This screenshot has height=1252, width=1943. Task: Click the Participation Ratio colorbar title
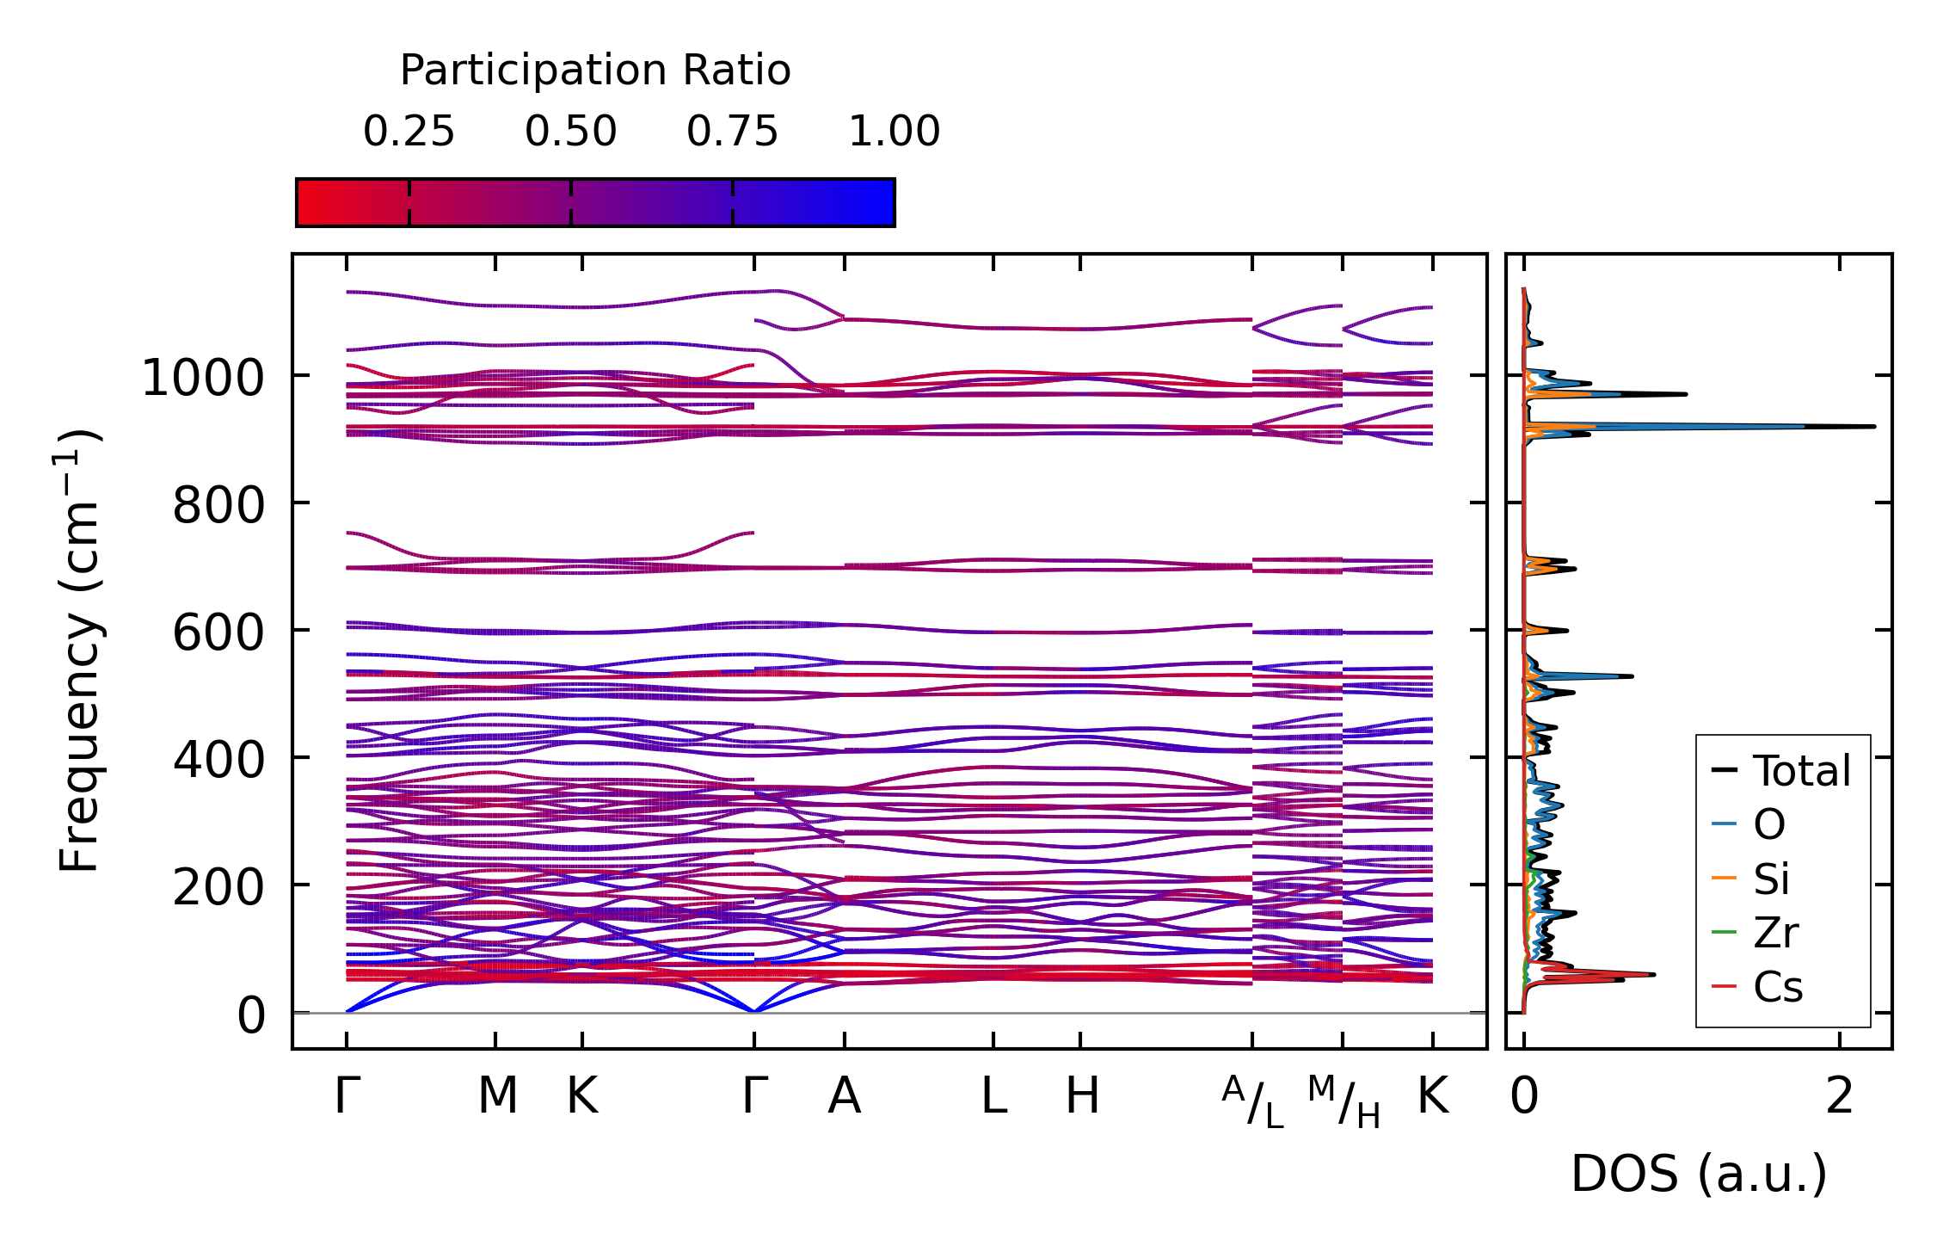(595, 70)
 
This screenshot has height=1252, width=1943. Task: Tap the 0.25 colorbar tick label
(409, 132)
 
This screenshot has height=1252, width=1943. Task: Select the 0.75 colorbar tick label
(732, 132)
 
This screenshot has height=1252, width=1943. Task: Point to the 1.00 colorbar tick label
(894, 132)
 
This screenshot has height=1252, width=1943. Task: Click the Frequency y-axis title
(80, 651)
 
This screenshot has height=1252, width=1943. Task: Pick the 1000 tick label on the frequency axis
(202, 378)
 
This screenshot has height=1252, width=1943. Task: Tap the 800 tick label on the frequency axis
(218, 505)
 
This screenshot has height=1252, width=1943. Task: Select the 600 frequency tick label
(218, 632)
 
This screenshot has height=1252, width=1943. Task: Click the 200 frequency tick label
(218, 887)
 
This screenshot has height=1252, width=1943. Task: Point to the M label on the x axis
(497, 1095)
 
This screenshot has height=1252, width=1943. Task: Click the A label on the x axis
(844, 1095)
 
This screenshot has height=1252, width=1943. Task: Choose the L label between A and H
(994, 1095)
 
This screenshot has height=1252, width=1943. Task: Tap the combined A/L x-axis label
(1252, 1101)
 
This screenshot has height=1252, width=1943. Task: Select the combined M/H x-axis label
(1343, 1101)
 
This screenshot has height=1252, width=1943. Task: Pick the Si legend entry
(1771, 879)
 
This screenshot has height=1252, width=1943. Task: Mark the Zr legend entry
(1775, 933)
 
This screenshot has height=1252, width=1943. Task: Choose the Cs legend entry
(1777, 987)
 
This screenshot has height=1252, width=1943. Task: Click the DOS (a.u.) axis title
(1699, 1173)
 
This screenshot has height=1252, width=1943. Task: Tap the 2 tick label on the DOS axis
(1840, 1095)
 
